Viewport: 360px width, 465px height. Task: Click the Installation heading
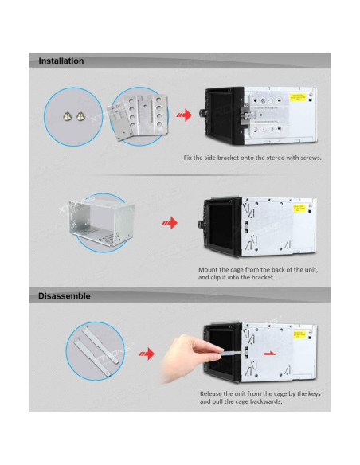61,61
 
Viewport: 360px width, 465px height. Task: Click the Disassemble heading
65,296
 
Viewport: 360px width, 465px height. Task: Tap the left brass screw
68,116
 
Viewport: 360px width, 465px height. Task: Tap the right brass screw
80,116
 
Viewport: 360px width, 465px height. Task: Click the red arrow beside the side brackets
184,115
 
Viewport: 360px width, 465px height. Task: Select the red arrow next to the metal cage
170,223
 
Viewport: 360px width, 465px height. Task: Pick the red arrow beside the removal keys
147,354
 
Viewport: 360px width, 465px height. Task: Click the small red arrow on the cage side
269,354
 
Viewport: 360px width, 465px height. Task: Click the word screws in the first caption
311,158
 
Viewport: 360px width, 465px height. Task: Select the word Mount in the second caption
208,270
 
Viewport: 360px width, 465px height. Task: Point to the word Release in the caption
210,394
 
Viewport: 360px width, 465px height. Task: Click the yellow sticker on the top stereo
297,97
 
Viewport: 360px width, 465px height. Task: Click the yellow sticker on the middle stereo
299,208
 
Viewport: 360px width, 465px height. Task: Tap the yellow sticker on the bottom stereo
299,334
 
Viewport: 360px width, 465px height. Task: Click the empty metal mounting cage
101,222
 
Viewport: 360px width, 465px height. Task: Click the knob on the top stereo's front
202,113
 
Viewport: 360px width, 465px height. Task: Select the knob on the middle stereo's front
201,225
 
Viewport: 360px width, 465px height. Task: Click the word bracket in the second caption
263,278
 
